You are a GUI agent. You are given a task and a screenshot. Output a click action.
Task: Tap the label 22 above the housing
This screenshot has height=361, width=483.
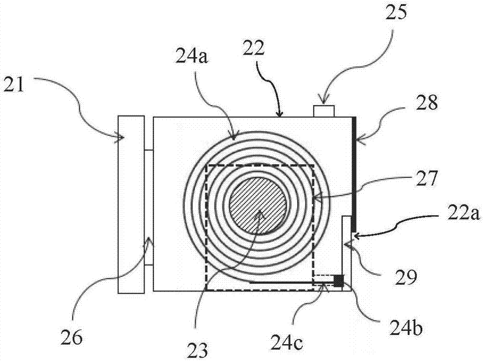pos(253,49)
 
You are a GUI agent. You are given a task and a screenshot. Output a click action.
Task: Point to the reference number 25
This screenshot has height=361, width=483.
pos(396,13)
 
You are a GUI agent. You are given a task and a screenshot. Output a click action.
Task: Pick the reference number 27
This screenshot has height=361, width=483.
pos(426,179)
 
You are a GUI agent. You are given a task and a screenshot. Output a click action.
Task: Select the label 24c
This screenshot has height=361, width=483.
pos(286,344)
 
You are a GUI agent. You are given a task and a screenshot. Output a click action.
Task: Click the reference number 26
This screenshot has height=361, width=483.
pos(71,338)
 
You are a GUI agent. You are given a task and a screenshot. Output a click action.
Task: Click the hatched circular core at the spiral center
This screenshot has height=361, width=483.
pos(258,205)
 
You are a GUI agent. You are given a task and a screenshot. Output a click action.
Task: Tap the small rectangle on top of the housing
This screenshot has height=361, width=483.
pos(324,111)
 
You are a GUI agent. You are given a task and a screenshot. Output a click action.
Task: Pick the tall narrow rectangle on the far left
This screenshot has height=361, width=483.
pos(131,205)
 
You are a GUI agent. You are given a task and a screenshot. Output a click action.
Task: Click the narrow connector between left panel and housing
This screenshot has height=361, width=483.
pos(149,207)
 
